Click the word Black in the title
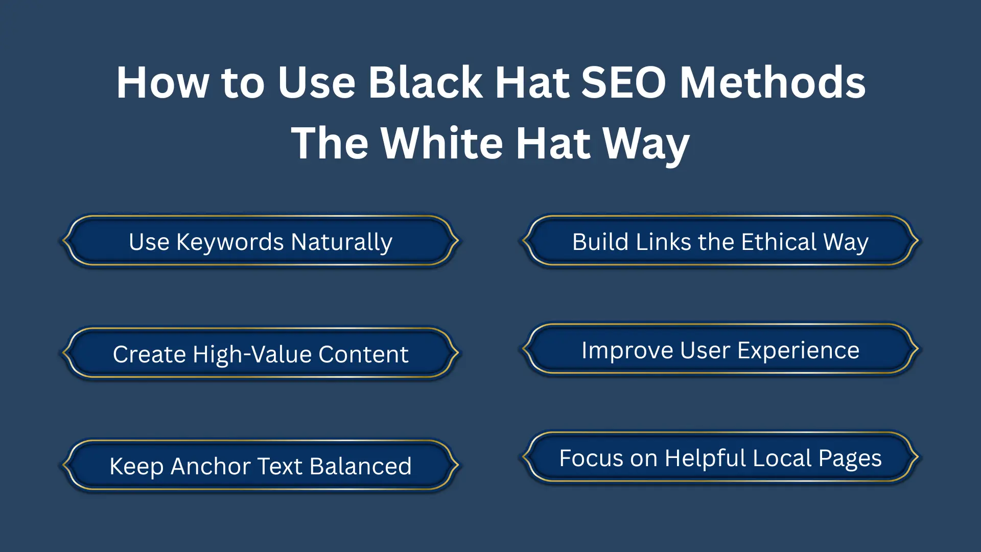425,82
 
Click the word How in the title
162,82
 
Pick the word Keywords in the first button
230,242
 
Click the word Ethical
779,242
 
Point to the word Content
363,354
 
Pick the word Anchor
211,466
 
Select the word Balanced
360,466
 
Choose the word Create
149,354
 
